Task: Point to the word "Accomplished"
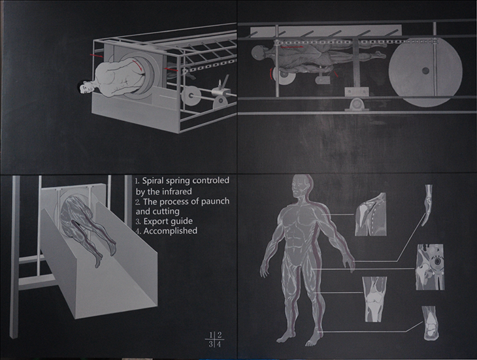point(171,231)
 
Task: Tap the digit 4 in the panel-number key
point(219,344)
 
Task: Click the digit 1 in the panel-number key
point(210,335)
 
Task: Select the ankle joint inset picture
point(430,323)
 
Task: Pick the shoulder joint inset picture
point(370,214)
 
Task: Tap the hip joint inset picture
point(430,267)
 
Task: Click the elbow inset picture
point(429,203)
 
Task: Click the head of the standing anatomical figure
point(300,186)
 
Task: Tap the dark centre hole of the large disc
point(425,71)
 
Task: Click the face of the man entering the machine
point(86,88)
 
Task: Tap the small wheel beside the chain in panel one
point(190,96)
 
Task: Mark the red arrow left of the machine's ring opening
point(97,56)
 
